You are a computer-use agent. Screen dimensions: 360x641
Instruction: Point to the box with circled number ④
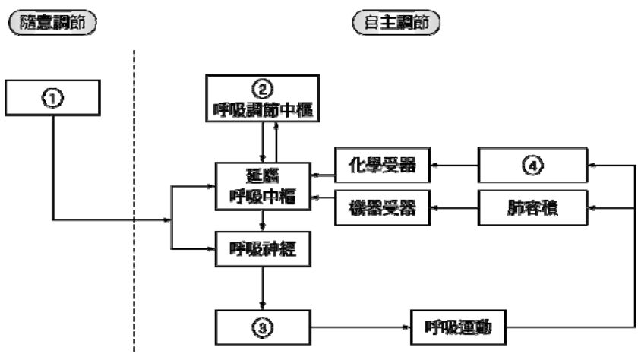coord(532,164)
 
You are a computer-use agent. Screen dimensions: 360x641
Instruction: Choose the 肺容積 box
coord(532,207)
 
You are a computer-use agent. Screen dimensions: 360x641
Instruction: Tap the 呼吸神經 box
coord(261,249)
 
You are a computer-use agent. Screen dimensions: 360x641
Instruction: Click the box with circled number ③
coord(261,328)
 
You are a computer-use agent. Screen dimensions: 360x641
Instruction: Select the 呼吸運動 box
coord(458,328)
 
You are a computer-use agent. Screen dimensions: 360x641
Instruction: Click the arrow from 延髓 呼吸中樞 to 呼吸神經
coord(261,222)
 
